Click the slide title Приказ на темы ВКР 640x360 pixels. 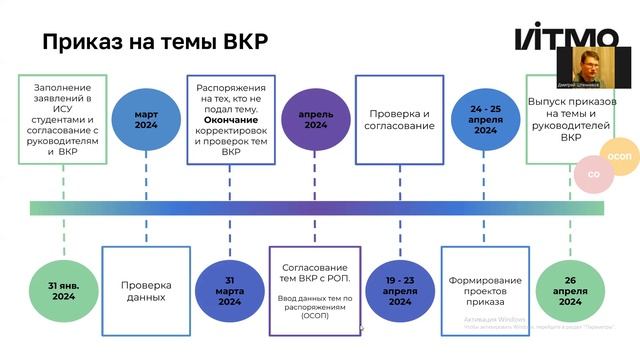pyautogui.click(x=154, y=43)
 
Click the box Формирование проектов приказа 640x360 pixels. pyautogui.click(x=486, y=288)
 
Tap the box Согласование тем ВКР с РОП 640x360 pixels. pyautogui.click(x=316, y=288)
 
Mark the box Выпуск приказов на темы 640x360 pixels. pyautogui.click(x=571, y=120)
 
